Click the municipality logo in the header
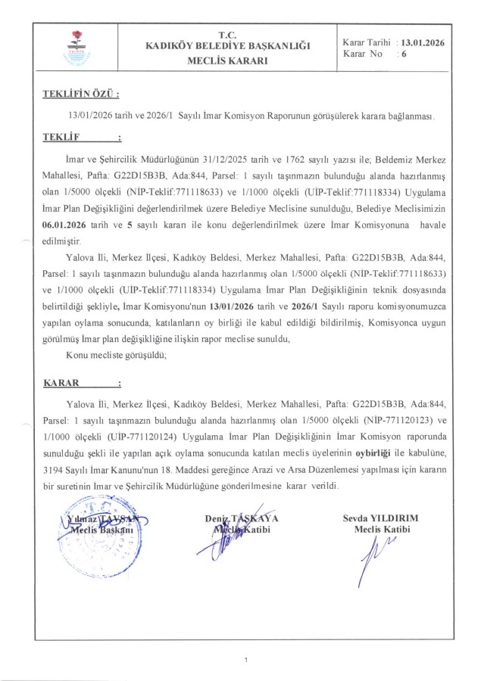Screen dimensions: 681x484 75,48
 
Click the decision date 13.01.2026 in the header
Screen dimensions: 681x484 423,43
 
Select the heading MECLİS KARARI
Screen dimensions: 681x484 227,61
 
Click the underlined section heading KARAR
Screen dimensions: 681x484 64,383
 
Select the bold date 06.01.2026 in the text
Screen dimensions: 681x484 70,225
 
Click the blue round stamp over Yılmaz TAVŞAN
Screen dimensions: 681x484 95,533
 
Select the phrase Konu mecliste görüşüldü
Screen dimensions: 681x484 114,353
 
